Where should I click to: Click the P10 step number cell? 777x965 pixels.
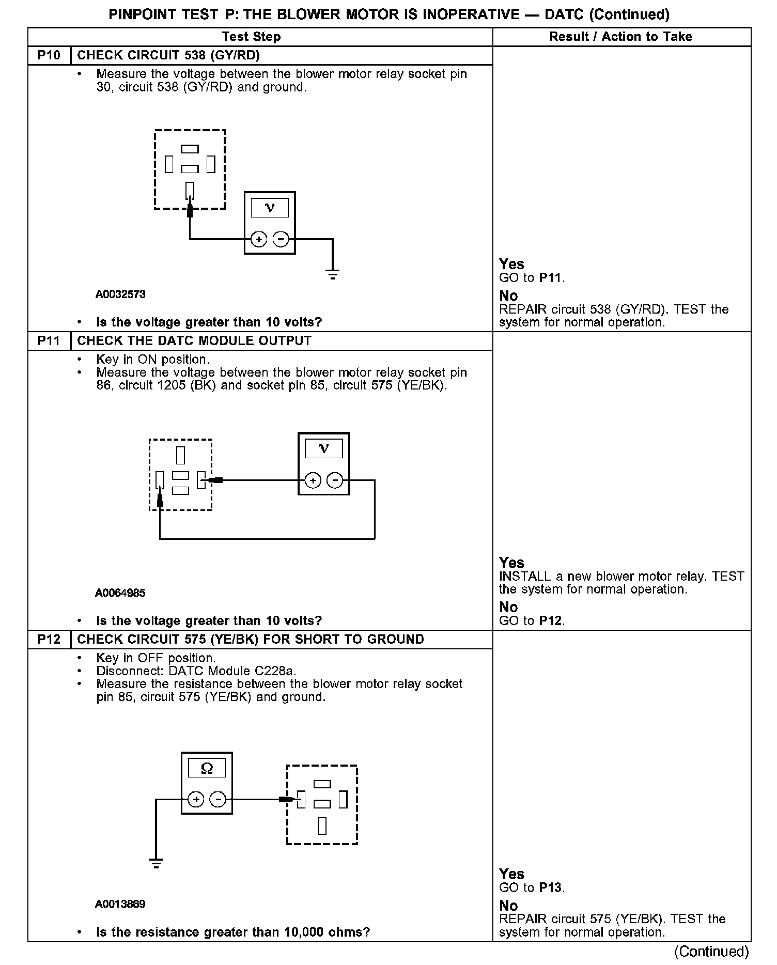(x=49, y=55)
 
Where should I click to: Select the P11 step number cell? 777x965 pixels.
(x=49, y=341)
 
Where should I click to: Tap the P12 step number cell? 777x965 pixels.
(x=49, y=640)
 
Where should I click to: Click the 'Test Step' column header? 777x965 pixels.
(x=251, y=37)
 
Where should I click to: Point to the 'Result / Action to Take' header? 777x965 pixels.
(x=620, y=37)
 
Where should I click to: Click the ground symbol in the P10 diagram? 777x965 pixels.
(x=333, y=274)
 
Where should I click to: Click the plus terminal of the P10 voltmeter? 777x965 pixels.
(x=259, y=239)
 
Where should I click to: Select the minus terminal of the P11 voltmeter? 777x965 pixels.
(x=335, y=480)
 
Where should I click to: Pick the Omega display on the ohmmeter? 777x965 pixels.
(x=207, y=769)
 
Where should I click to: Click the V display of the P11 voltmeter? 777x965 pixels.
(x=323, y=448)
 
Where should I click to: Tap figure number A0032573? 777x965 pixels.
(x=120, y=294)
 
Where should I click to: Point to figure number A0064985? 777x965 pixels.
(x=120, y=593)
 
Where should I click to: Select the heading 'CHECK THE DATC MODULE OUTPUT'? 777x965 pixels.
(x=194, y=341)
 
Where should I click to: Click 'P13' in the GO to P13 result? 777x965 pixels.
(x=550, y=888)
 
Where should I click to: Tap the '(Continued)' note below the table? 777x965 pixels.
(x=711, y=951)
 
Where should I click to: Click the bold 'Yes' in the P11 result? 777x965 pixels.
(x=511, y=563)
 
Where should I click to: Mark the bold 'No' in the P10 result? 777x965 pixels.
(x=508, y=296)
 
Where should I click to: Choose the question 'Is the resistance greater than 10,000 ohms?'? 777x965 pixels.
(x=233, y=932)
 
